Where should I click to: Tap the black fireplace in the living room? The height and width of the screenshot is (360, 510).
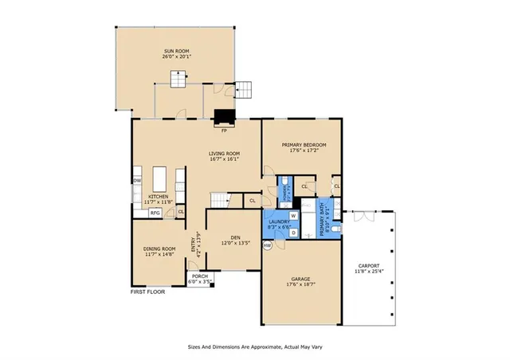[x=225, y=118]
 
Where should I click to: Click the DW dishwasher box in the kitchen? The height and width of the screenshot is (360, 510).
[x=137, y=181]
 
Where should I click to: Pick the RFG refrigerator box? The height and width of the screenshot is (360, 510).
[x=156, y=213]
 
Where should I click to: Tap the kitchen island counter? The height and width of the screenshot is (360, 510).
[x=163, y=176]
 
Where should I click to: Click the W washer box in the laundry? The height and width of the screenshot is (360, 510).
[x=292, y=215]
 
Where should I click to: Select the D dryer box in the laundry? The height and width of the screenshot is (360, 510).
[x=292, y=233]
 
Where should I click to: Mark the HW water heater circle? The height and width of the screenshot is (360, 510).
[x=268, y=245]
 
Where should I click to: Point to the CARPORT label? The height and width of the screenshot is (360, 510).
[x=369, y=266]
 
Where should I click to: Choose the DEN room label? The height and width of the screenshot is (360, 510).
[x=235, y=237]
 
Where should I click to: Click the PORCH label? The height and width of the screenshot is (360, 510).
[x=199, y=276]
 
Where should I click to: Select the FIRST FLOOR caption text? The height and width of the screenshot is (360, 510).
[x=149, y=292]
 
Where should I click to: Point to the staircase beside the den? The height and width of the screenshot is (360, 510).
[x=220, y=200]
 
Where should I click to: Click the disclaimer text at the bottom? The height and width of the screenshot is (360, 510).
[x=254, y=346]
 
